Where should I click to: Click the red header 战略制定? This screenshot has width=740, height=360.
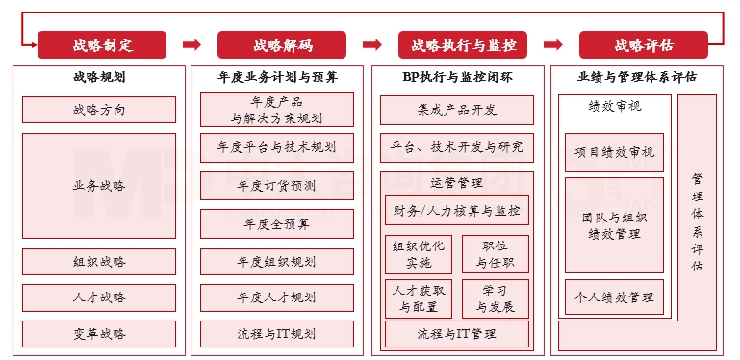(102, 45)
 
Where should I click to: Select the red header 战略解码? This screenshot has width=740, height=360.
(282, 45)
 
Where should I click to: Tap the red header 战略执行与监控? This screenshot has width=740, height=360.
(463, 45)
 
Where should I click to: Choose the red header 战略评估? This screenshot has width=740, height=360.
(643, 45)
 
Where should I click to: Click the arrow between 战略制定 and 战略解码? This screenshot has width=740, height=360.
(191, 44)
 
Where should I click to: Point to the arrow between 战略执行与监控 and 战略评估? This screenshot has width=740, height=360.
(552, 44)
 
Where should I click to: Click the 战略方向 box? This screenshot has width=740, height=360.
(99, 110)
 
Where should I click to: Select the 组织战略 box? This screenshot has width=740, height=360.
(99, 262)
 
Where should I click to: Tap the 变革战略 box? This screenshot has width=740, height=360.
(99, 334)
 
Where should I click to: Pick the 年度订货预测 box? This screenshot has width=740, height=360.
(277, 186)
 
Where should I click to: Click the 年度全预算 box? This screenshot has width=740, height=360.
(277, 223)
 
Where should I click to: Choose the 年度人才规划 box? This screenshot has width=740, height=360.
(277, 297)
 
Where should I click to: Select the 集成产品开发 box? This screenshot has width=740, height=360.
(457, 110)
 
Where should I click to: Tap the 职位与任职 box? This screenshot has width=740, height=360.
(496, 253)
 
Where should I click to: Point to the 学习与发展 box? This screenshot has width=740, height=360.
(496, 298)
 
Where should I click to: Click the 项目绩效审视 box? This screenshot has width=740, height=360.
(614, 152)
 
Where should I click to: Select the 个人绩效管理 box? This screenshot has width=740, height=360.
(614, 296)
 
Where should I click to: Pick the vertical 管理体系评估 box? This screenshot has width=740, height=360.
(697, 221)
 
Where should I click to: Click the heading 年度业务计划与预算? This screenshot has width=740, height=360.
(277, 77)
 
